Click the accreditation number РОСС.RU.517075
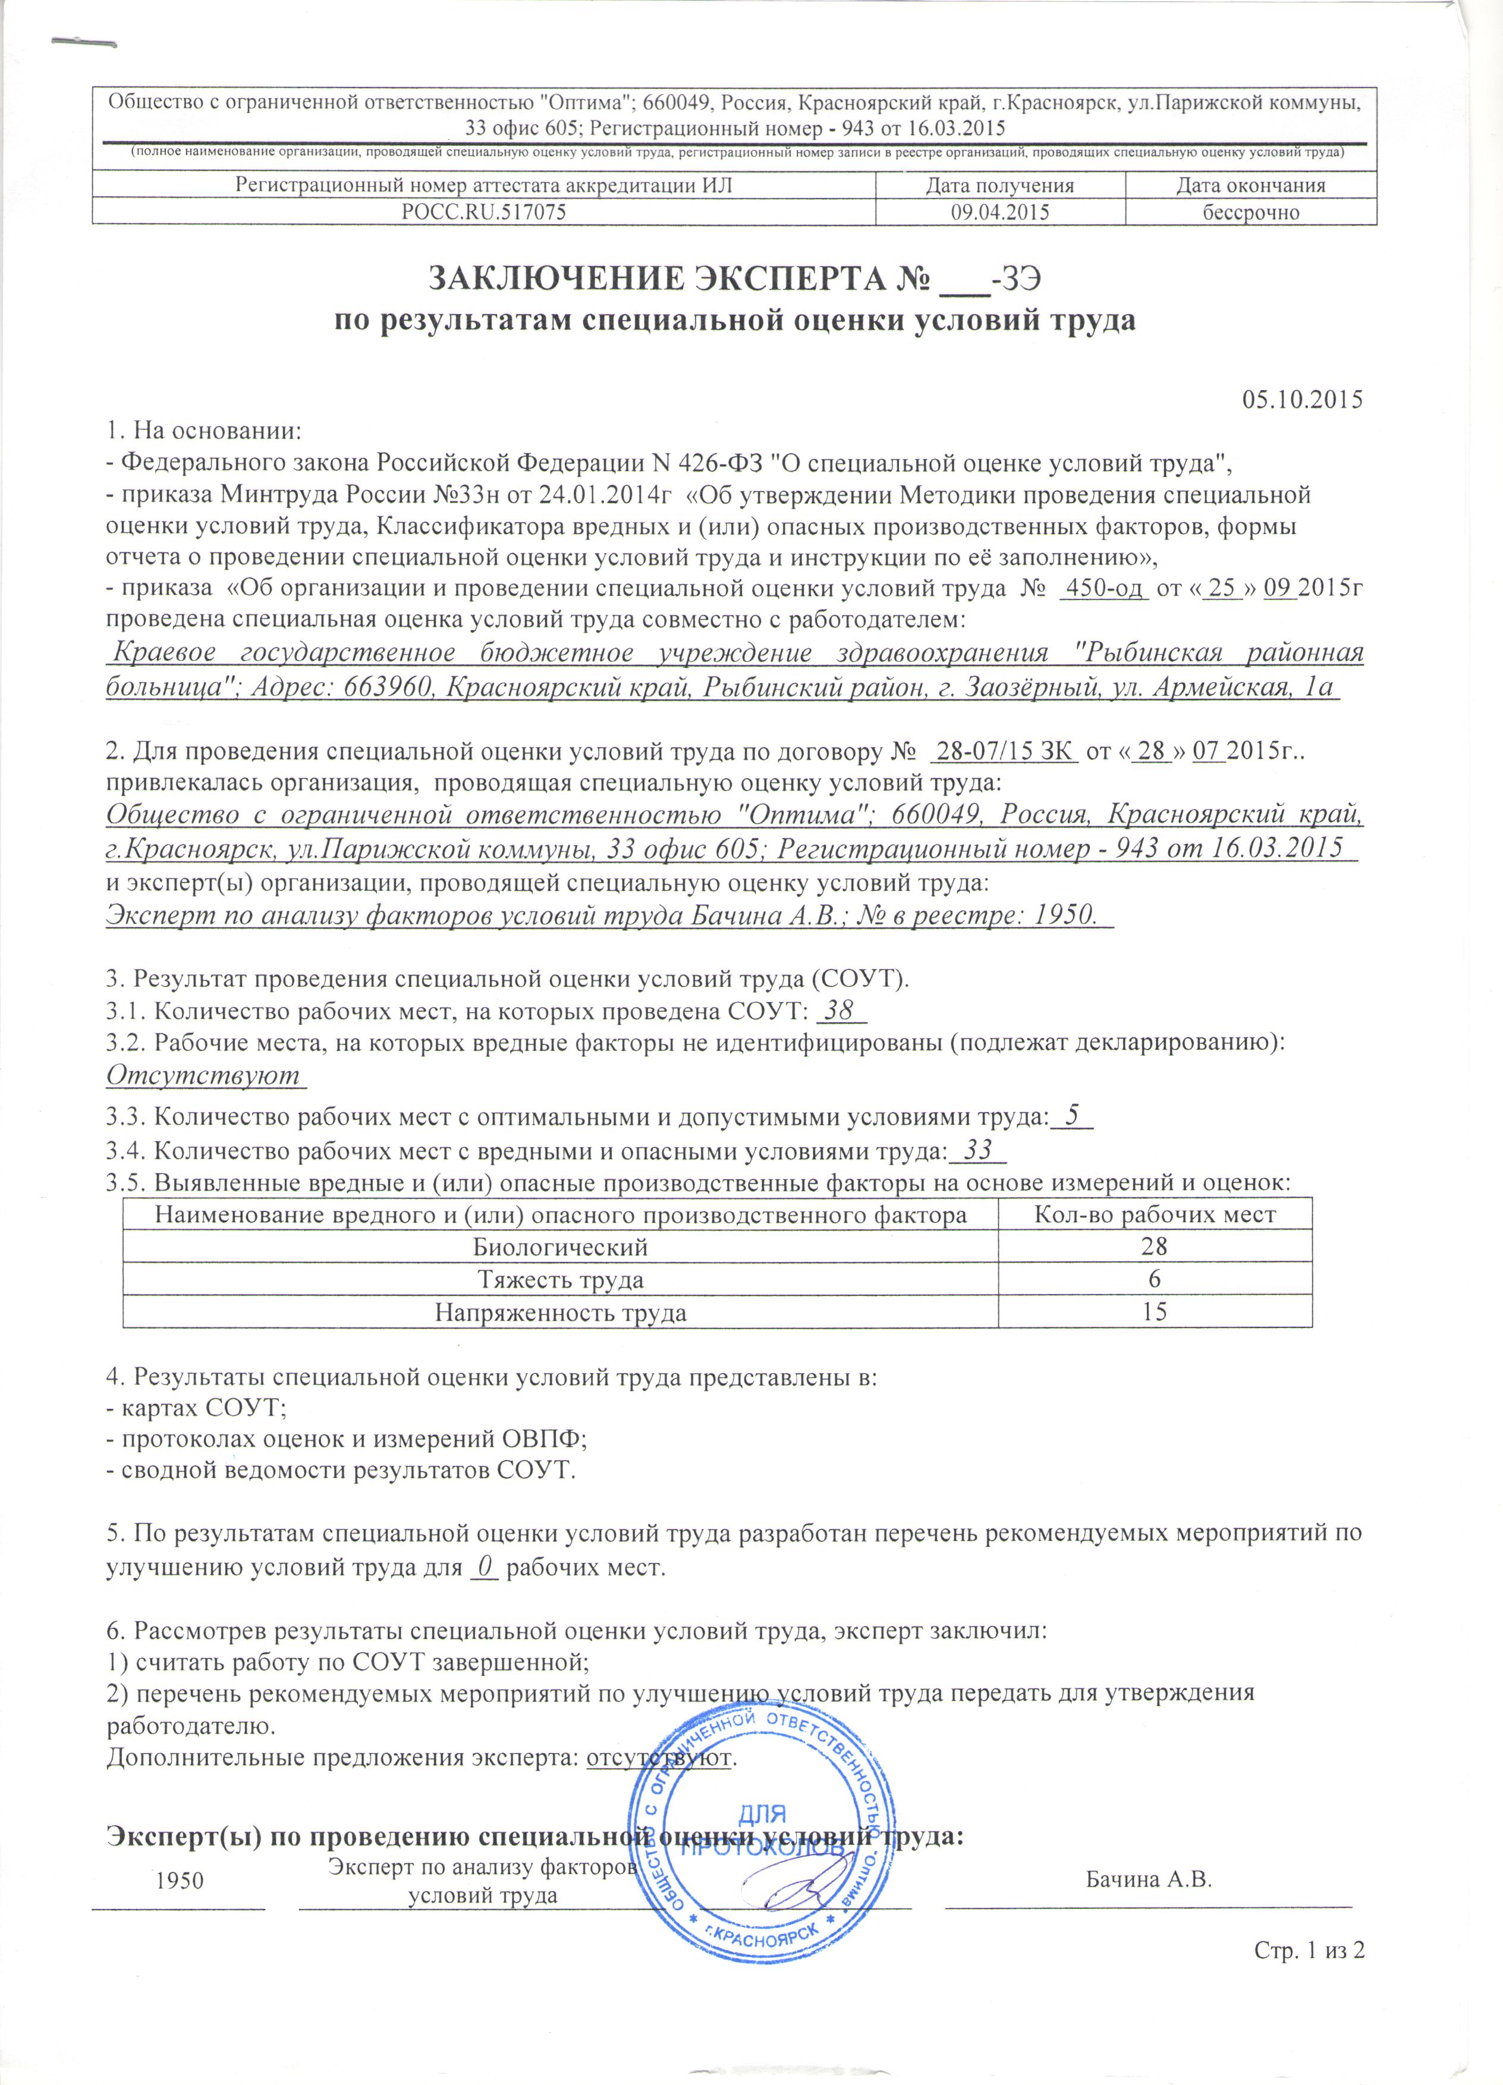(483, 212)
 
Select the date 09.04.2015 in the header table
(999, 212)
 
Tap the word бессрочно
(1251, 212)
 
